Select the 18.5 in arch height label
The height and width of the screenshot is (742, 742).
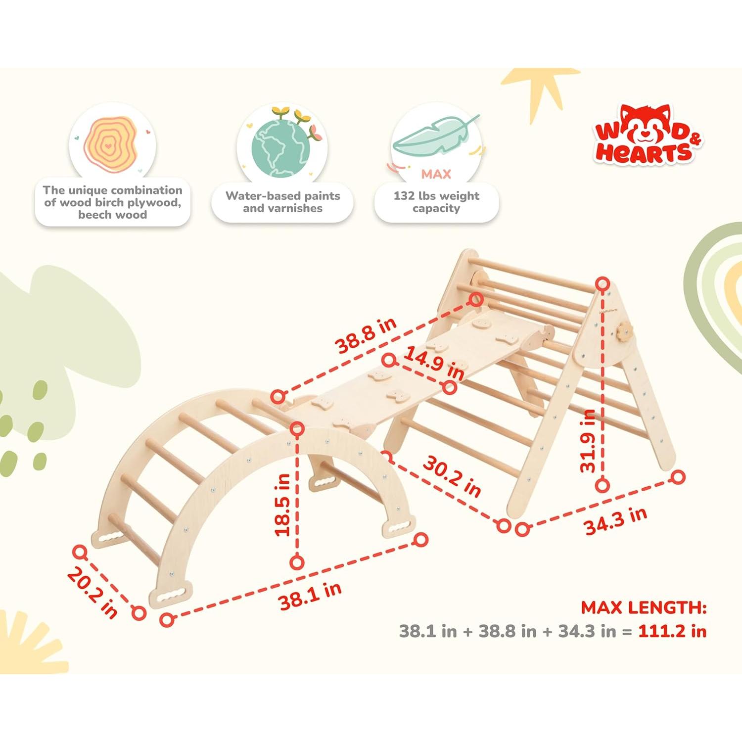(282, 505)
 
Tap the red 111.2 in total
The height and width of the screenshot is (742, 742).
(672, 631)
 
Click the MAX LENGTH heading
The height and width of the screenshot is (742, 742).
(644, 607)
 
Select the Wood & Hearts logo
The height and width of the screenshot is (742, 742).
(648, 135)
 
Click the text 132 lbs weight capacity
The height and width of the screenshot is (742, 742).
(436, 202)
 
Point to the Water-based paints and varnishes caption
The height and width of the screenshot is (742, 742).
(282, 202)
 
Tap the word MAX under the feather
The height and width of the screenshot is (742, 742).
(436, 174)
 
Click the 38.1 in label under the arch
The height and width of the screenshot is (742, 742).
(310, 596)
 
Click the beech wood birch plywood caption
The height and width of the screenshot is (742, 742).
(112, 202)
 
